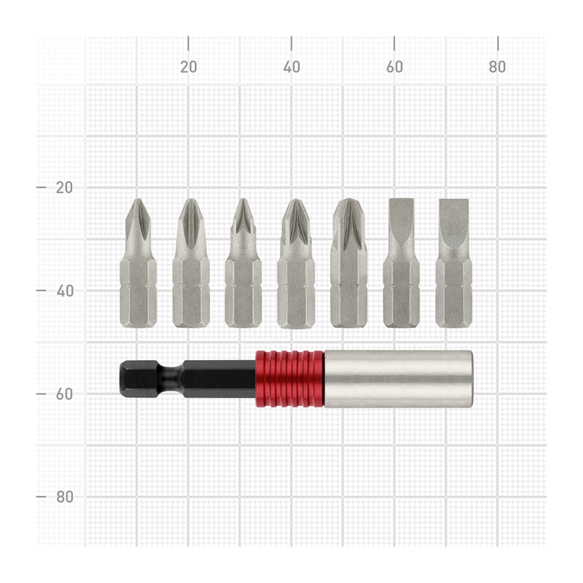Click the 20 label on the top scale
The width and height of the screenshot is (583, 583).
pos(189,67)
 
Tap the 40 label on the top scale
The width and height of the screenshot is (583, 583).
pos(291,67)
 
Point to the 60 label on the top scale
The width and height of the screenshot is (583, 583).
pos(394,67)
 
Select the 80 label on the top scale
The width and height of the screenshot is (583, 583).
pos(498,67)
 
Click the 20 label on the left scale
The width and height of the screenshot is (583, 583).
pos(64,187)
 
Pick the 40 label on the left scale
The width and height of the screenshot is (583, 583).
pos(65,291)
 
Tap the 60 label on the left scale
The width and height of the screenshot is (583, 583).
pos(64,394)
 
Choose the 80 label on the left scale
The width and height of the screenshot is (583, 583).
pos(65,497)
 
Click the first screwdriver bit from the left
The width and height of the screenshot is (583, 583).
pos(138,263)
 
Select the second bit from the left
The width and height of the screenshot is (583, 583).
pos(191,263)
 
